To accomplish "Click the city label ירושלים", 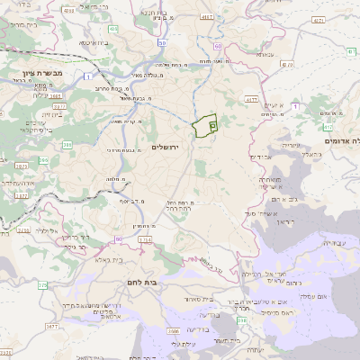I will pos(166,147).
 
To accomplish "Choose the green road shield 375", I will pos(43,285).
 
